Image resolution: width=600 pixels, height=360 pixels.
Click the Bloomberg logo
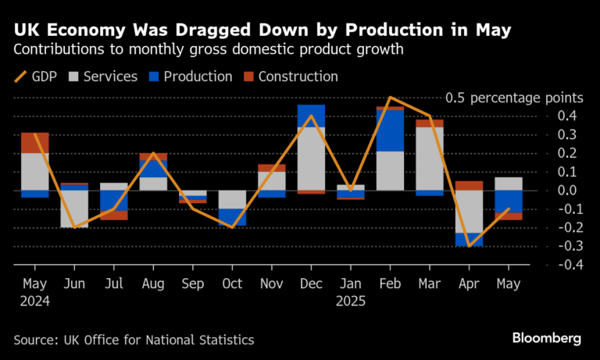(547, 339)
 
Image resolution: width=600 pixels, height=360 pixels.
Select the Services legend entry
(105, 77)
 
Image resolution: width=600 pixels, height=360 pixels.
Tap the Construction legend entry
(291, 77)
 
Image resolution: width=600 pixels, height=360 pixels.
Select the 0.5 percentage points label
(514, 98)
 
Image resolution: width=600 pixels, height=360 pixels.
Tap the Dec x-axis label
(311, 284)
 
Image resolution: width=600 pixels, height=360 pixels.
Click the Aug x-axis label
(154, 284)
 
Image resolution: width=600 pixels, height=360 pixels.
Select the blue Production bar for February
(390, 130)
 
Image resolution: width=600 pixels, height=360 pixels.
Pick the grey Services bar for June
(75, 209)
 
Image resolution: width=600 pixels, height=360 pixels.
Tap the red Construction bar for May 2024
(35, 143)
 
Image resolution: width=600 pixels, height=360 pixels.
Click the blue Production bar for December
(311, 116)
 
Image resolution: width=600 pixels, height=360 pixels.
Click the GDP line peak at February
(390, 98)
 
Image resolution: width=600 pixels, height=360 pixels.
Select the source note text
(134, 340)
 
